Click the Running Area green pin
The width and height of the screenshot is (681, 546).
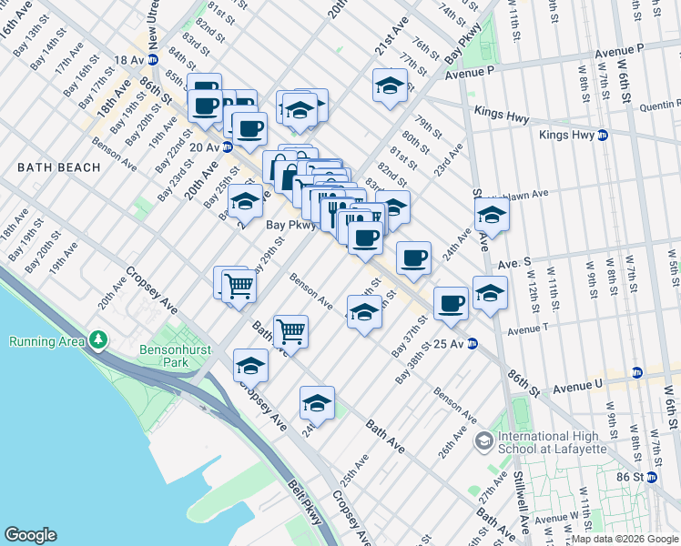98,341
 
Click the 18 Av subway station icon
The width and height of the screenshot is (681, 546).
153,60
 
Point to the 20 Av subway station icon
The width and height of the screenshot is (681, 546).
227,146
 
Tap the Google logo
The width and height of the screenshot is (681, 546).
30,535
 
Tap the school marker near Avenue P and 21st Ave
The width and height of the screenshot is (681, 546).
390,87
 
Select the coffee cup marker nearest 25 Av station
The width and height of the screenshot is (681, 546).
451,304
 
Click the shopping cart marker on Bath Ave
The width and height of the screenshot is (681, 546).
290,331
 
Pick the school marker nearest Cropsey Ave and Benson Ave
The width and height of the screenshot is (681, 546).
250,366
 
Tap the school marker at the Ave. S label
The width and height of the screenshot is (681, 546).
491,217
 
